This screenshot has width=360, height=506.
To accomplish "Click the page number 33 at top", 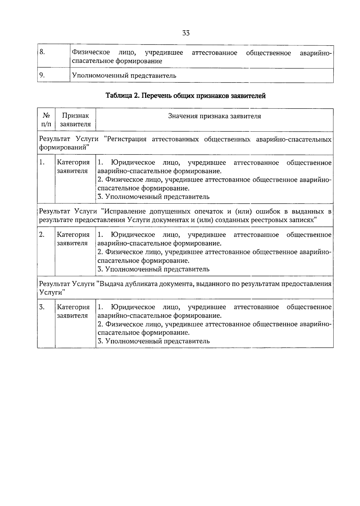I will click(186, 33).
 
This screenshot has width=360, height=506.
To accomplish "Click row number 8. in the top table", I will click(42, 52).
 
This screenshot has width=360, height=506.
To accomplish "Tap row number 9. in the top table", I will click(42, 75).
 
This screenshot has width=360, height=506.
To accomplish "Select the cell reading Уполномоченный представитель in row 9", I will click(123, 76).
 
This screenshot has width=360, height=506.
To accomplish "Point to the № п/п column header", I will click(46, 120).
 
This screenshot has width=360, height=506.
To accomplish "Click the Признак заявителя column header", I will click(75, 120).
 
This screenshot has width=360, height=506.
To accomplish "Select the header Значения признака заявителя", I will click(214, 116).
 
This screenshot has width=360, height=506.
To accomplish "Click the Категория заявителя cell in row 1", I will click(73, 166).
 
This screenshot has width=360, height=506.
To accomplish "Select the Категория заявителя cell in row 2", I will click(73, 239).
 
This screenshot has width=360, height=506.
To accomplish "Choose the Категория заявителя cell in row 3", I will click(73, 311).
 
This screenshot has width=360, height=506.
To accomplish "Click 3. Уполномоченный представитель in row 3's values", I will click(154, 341).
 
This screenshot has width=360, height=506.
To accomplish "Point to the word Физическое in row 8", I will click(91, 53).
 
